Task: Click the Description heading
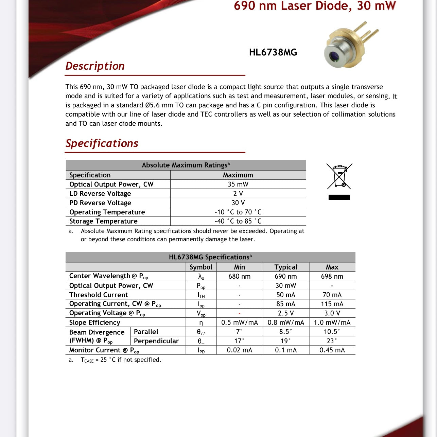95,66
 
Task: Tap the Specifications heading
102,143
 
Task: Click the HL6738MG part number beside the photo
273,52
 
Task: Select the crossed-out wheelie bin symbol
339,176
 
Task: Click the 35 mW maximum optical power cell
238,184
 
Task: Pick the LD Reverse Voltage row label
100,194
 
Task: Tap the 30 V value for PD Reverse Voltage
238,203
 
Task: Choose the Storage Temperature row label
103,221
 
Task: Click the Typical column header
286,267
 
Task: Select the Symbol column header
201,267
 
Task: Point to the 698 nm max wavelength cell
332,276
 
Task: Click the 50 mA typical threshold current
286,295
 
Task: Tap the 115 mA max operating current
332,304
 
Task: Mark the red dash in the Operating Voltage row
240,313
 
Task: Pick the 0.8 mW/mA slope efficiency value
286,322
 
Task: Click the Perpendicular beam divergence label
156,341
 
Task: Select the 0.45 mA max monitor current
332,350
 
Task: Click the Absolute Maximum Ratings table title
186,165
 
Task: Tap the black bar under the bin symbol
339,197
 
